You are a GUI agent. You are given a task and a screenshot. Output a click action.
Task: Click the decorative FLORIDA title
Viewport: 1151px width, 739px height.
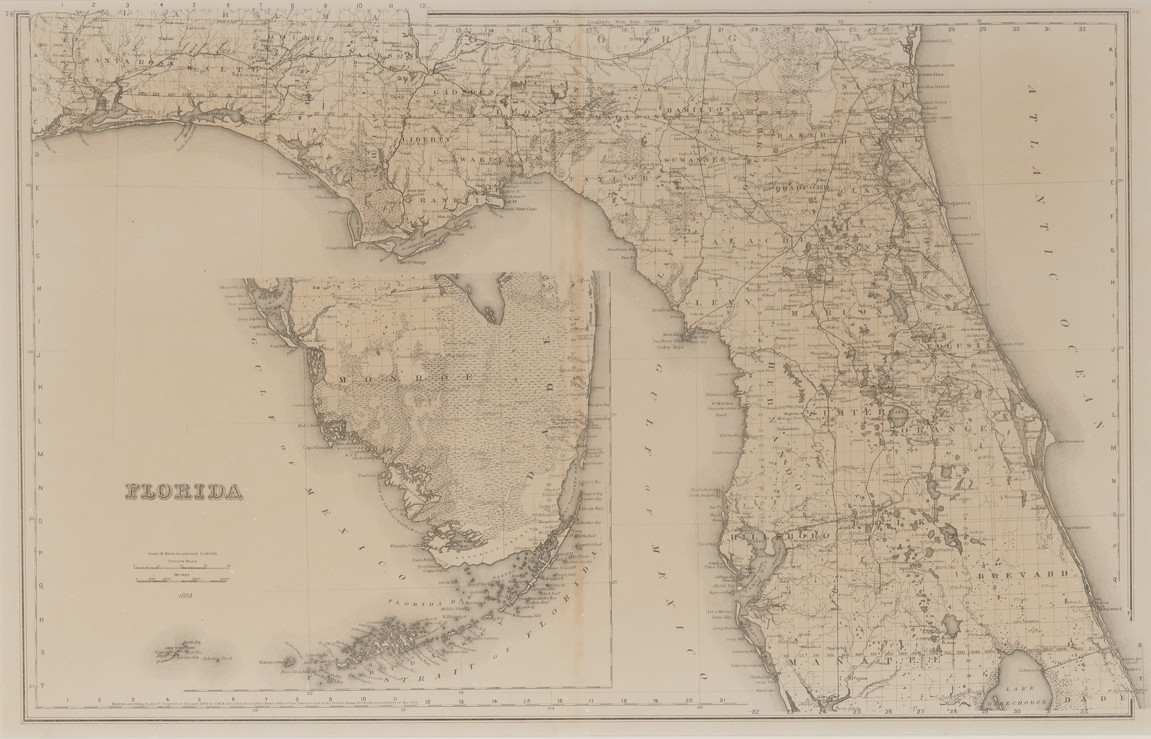click(182, 490)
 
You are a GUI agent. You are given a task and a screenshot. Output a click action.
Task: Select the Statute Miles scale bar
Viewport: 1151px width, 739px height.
click(182, 565)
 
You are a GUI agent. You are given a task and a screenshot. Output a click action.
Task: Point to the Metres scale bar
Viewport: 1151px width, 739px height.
click(182, 579)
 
